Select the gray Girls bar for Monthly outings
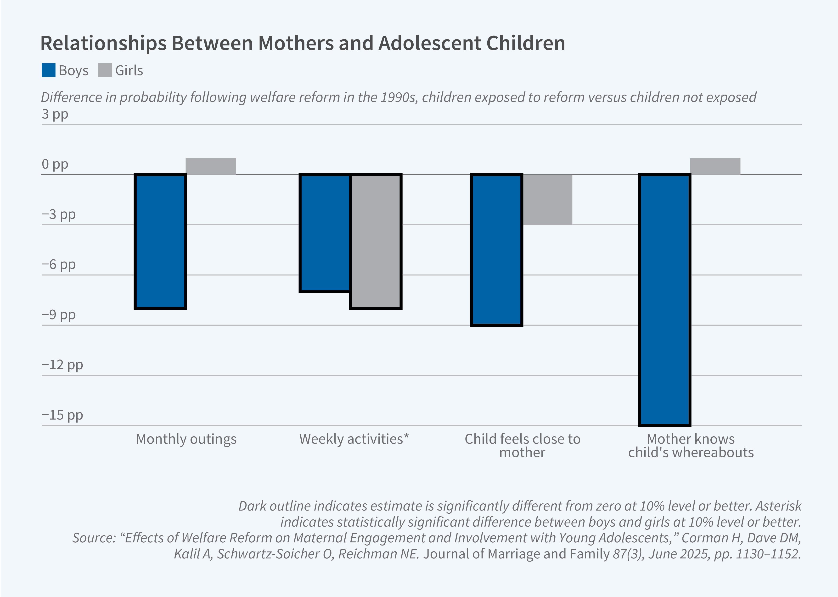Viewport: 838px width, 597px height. pos(210,166)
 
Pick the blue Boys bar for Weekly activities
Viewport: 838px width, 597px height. pos(325,233)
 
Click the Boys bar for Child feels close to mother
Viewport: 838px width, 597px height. pos(496,250)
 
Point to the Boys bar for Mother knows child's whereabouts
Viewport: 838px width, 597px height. pos(665,300)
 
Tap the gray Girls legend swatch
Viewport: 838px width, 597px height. pos(105,70)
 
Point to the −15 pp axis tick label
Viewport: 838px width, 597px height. pos(62,415)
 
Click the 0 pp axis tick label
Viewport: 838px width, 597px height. pos(55,164)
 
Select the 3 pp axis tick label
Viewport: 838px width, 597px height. pos(55,114)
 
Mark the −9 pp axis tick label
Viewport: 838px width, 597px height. pos(59,315)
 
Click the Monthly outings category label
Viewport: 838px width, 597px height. pos(186,439)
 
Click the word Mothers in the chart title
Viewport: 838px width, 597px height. pos(296,43)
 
